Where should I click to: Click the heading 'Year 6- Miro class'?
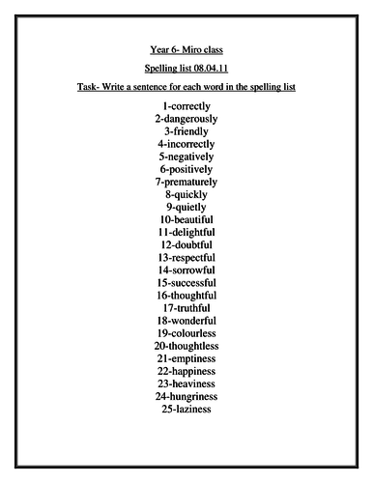click(186, 48)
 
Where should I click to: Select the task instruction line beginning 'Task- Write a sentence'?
click(186, 87)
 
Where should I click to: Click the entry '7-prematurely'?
click(186, 181)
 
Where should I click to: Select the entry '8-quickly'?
click(186, 193)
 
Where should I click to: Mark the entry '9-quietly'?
click(186, 206)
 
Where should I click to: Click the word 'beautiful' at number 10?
click(192, 219)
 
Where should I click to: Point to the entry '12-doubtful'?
click(186, 244)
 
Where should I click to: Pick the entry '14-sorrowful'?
click(186, 270)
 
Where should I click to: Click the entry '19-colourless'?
click(186, 333)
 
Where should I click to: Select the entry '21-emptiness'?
click(186, 358)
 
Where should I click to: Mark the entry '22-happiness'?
click(186, 371)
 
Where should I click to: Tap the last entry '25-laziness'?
click(186, 409)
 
